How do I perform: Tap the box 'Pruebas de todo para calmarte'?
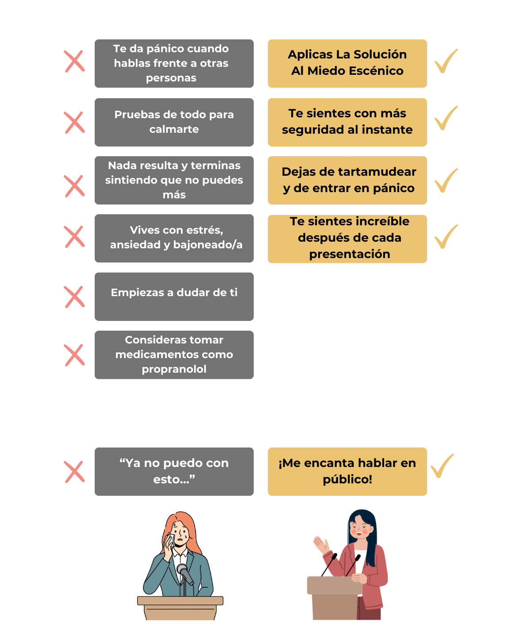174,122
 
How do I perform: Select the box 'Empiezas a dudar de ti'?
174,296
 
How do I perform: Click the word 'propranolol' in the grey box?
174,369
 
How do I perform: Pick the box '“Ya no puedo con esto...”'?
174,471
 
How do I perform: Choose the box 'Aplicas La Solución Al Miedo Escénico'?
347,63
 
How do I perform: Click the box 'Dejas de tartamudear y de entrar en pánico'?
347,180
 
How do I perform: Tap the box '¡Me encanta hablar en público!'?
347,471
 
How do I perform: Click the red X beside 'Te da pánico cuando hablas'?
74,61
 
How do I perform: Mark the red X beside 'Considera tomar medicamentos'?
74,355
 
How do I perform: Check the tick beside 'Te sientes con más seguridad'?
446,118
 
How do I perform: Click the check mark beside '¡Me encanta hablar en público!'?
442,466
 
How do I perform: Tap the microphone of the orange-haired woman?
184,574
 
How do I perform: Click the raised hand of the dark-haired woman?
321,544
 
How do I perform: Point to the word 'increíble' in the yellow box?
384,221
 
